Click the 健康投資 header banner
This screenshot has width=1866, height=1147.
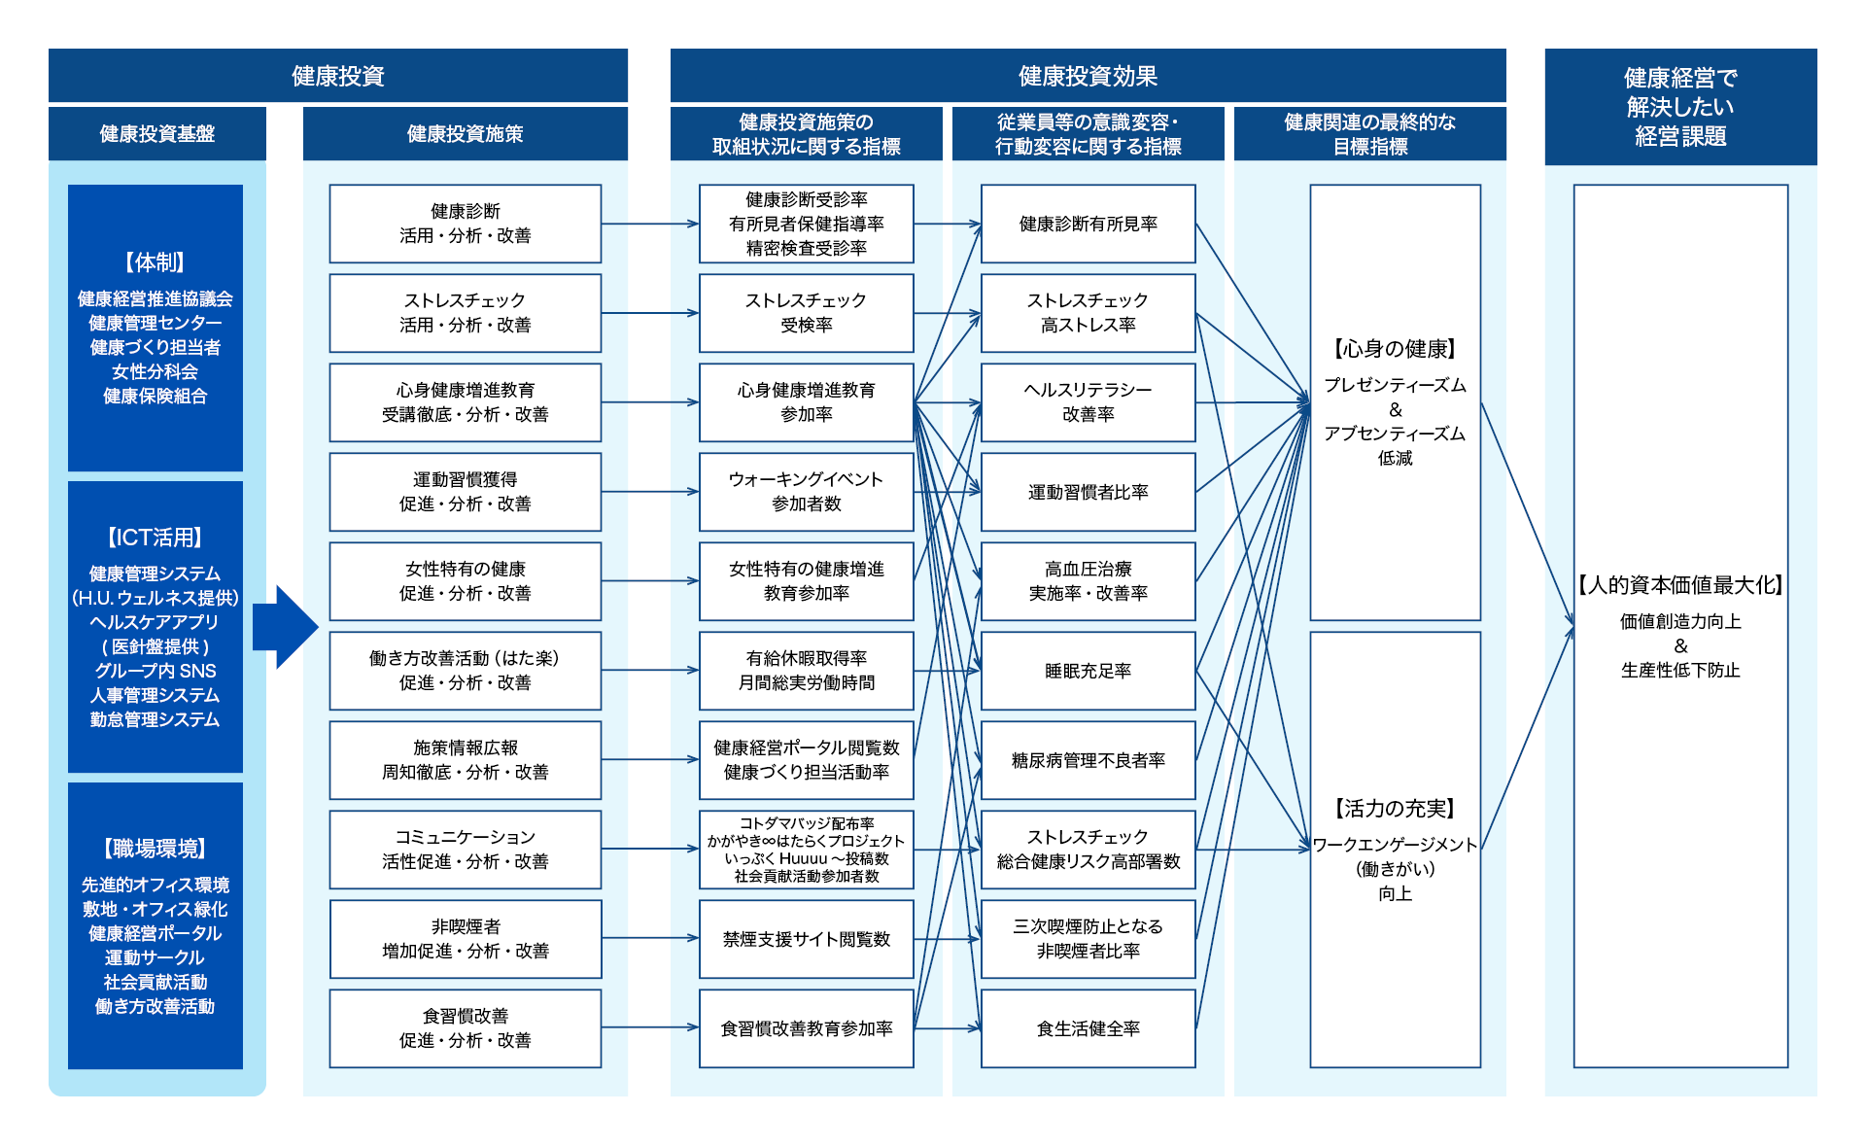pos(338,76)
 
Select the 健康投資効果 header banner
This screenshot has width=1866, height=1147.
pos(1088,76)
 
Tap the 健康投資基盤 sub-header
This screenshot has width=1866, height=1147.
pos(157,133)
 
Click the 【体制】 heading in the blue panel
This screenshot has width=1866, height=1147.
pos(155,262)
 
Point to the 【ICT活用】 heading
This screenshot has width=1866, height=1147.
pos(155,538)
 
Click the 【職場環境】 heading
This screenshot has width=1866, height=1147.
pos(155,849)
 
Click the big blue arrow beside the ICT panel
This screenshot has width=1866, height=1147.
pos(286,627)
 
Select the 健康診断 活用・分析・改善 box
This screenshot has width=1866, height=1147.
pos(466,224)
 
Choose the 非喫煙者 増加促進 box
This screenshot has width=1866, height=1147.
pos(466,939)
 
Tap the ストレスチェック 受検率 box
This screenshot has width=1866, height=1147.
pos(807,313)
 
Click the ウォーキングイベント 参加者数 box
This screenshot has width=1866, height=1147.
pos(807,492)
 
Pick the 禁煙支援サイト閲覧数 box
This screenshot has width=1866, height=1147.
pos(807,939)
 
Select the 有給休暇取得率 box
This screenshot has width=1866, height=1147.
pos(807,671)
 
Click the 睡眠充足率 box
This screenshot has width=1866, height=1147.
pos(1088,671)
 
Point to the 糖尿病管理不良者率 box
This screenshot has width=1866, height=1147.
pos(1088,760)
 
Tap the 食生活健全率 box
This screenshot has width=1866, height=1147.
pos(1088,1028)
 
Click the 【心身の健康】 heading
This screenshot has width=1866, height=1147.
pos(1395,349)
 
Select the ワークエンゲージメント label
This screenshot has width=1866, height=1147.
pos(1395,845)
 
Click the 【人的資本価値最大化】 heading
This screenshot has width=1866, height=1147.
pos(1680,585)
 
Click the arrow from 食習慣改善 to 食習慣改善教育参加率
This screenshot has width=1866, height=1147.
pos(650,1027)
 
